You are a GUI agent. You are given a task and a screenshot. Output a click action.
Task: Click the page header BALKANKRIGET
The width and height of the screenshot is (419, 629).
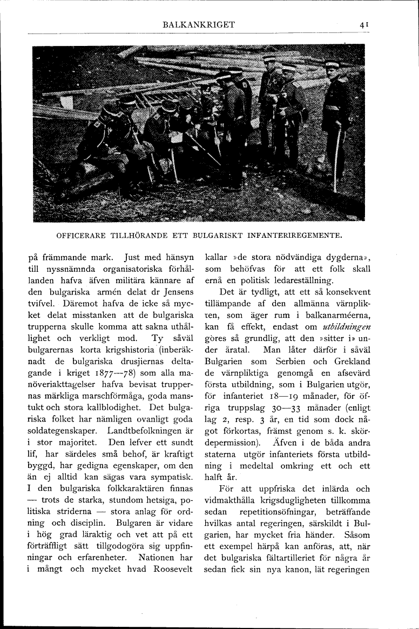[202, 24]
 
